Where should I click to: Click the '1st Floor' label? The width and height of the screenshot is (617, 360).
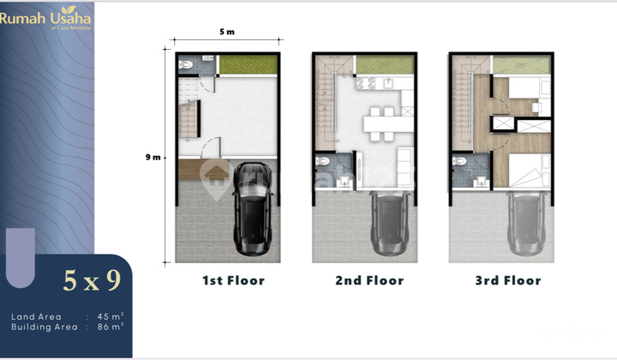[233, 280]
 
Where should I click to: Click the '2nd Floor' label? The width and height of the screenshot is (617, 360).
[369, 280]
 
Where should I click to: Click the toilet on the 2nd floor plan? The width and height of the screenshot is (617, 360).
[322, 163]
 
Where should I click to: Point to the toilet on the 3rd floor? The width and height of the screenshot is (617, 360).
[458, 163]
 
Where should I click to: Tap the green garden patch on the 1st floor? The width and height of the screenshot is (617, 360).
[248, 64]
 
